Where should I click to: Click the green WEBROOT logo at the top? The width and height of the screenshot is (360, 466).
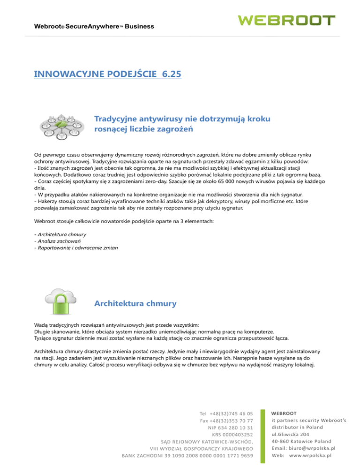point(286,20)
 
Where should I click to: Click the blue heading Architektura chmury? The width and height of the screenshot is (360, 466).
point(135,303)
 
